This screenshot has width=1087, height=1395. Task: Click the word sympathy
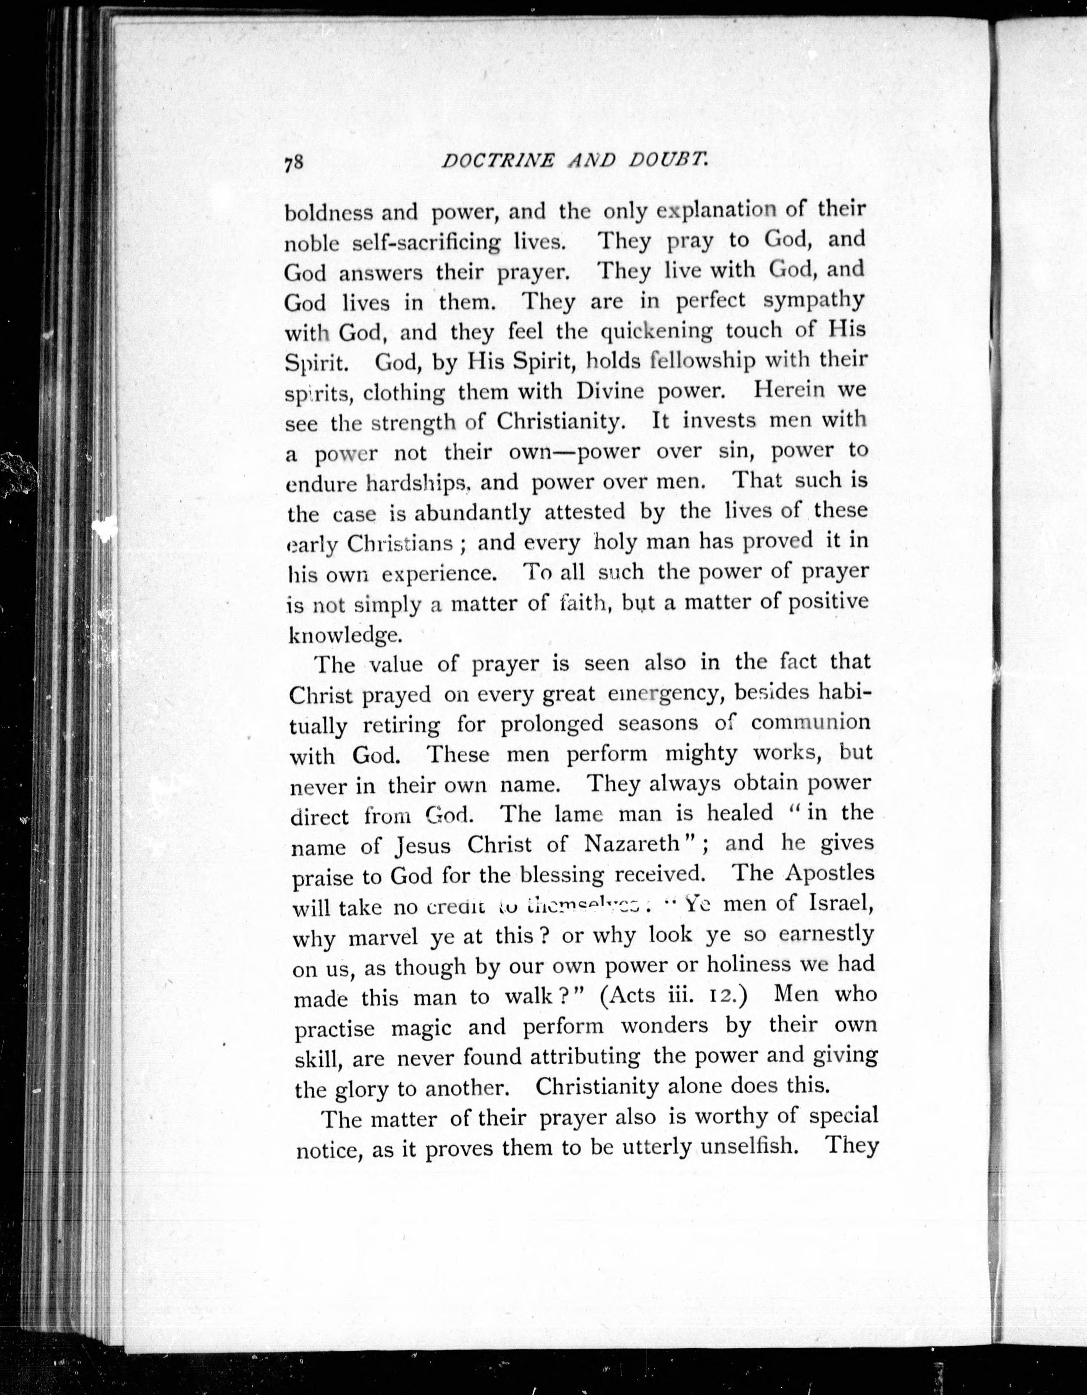[814, 300]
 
